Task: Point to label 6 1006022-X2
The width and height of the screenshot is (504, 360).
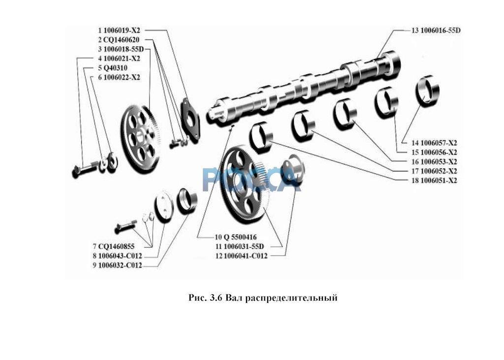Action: (x=119, y=77)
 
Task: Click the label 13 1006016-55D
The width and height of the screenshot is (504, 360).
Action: (x=436, y=30)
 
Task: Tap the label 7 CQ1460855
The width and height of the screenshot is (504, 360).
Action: (x=117, y=246)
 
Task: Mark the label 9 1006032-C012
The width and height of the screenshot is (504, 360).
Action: (x=120, y=266)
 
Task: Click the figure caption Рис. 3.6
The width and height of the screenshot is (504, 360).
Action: (x=206, y=298)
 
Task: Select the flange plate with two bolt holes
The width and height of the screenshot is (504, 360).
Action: (x=190, y=120)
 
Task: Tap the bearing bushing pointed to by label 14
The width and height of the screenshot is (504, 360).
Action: (x=427, y=90)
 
